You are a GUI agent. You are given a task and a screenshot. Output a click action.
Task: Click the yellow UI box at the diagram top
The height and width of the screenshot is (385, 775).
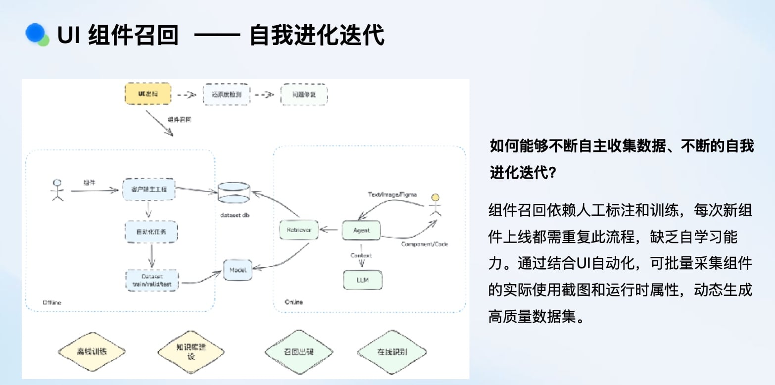pos(147,94)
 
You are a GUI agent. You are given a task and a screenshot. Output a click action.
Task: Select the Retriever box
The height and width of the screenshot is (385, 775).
pos(298,230)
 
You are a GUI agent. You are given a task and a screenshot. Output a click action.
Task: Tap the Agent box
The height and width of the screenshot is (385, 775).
pos(361,231)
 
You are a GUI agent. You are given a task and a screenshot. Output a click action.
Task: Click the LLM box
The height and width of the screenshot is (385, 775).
pos(363,280)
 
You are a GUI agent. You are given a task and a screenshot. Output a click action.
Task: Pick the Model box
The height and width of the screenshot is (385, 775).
pos(238,270)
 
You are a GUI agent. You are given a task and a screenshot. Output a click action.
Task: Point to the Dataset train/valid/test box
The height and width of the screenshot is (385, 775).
pos(152,280)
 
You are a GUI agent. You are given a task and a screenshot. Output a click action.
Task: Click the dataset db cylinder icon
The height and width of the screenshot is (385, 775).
pos(234,193)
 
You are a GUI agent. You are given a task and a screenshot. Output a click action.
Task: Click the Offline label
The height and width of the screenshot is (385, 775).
pos(52,302)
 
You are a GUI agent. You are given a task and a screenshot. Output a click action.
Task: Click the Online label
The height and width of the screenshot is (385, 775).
pos(293,302)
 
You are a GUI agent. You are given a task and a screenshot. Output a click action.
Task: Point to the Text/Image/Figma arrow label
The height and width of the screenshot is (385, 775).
pos(392,194)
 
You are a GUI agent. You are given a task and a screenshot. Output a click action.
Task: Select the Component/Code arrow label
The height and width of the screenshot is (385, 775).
pos(425,244)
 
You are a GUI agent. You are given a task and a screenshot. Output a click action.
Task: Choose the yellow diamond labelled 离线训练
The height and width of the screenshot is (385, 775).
pos(92,352)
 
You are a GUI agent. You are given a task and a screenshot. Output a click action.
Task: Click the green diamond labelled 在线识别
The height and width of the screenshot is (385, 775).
pos(392,352)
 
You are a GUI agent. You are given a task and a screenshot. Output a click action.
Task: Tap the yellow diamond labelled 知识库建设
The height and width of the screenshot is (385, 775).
pos(191,351)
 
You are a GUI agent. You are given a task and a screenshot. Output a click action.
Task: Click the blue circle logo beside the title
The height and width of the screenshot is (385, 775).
pos(36,33)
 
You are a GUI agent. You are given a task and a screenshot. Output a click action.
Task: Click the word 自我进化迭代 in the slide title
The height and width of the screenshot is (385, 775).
pos(317,36)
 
